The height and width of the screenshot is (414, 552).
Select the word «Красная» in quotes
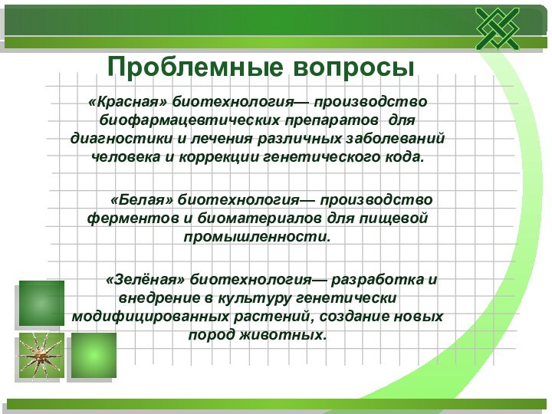coord(127,102)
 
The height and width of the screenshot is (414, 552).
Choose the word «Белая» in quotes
coord(143,200)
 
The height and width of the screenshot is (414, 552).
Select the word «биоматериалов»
coord(260,219)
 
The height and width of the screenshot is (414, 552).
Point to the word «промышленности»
coord(256,237)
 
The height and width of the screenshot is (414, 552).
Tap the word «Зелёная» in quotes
coord(145,279)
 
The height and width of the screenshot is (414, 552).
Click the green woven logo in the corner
coord(497,29)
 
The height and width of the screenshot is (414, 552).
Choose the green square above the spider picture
coord(41,304)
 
